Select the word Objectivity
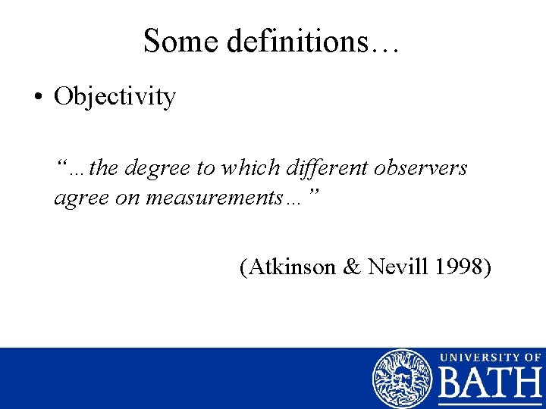[x=115, y=98]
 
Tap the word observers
[x=422, y=167]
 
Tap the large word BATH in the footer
[x=491, y=386]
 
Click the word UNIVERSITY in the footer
[x=478, y=357]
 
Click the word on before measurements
[x=129, y=198]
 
